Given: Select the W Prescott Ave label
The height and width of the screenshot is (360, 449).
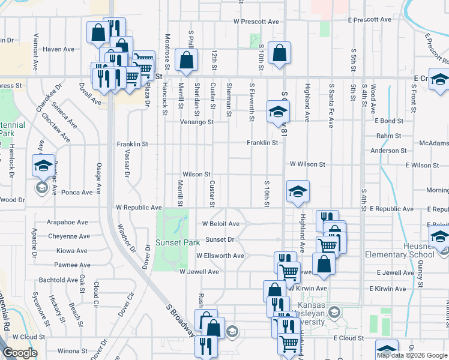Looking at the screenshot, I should coord(257,22).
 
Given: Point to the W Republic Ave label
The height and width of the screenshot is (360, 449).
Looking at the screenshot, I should coord(139,208).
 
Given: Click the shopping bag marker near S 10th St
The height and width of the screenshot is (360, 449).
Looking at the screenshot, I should coord(279,52).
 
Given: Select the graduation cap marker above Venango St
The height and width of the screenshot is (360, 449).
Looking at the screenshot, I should coord(278,112).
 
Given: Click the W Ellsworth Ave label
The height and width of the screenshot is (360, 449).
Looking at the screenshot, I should coord(220,256).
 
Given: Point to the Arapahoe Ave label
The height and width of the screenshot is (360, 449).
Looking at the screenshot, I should coord(68,222).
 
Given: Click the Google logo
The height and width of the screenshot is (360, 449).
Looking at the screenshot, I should coord(20,353).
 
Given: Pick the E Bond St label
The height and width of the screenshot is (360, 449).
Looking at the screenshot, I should coord(391,121).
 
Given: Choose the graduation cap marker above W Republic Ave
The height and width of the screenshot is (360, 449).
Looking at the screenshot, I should coord(298,191).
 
